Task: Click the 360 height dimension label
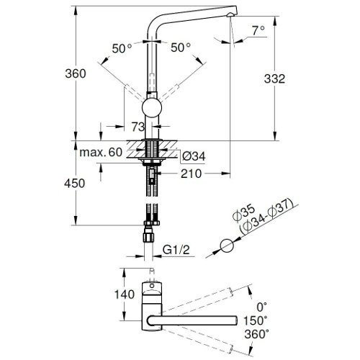point(74,74)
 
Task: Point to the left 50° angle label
point(122,48)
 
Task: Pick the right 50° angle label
point(181,48)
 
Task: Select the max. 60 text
point(101,153)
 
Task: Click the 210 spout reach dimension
point(191,174)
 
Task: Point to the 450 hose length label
point(74,184)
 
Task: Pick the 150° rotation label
point(256,321)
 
